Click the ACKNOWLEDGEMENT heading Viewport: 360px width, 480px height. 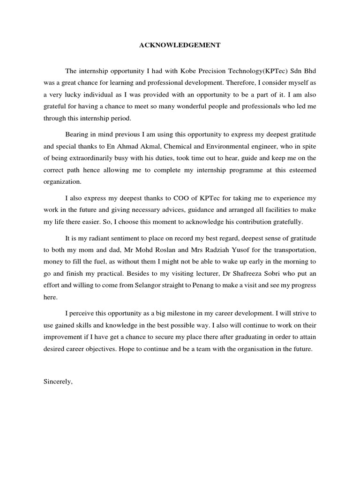[x=180, y=45]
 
